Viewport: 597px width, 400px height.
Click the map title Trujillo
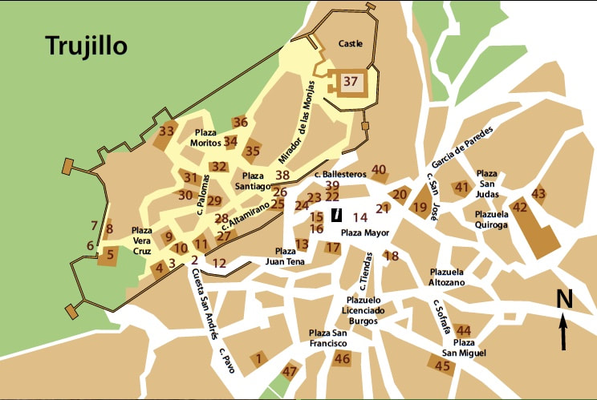[x=86, y=45]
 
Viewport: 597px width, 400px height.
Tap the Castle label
[x=350, y=43]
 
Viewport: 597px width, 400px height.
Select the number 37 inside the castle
[x=351, y=81]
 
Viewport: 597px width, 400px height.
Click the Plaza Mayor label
[x=365, y=232]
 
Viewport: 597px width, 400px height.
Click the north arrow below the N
[x=564, y=331]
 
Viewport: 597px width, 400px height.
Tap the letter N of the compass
[x=564, y=299]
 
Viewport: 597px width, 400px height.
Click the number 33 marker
[x=167, y=131]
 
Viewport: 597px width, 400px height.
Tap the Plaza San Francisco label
[x=328, y=337]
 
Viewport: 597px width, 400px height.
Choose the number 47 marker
[x=290, y=371]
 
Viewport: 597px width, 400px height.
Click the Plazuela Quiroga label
[x=491, y=220]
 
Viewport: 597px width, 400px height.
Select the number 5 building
[x=110, y=257]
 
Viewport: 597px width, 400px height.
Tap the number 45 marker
[x=443, y=365]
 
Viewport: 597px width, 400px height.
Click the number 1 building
[x=258, y=359]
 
